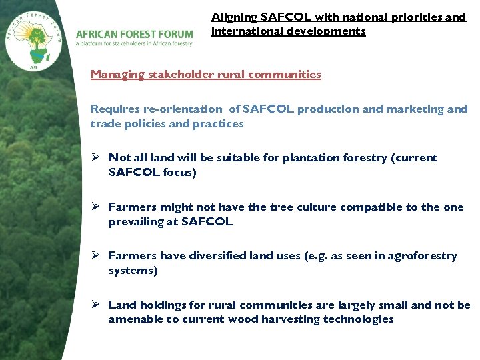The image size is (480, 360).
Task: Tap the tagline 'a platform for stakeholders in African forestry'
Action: click(134, 44)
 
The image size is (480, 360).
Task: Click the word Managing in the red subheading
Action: click(117, 75)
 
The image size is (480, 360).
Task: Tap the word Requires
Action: click(114, 109)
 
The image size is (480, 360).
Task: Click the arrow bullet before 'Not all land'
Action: click(96, 158)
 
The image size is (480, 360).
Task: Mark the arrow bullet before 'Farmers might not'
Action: click(96, 207)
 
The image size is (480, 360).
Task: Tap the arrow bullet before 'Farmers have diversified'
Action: click(96, 256)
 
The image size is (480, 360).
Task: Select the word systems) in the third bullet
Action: click(133, 271)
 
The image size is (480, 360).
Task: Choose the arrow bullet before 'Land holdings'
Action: click(96, 305)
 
